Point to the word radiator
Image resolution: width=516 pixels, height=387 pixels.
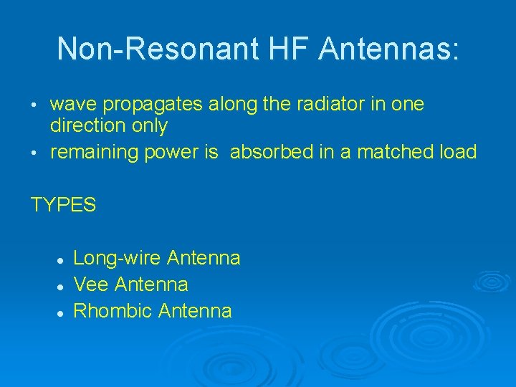click(x=298, y=105)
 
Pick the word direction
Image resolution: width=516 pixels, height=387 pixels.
click(x=83, y=126)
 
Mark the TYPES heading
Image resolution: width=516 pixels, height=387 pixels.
click(x=63, y=205)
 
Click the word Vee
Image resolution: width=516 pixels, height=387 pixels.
click(x=91, y=285)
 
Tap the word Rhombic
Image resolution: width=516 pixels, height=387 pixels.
click(x=113, y=310)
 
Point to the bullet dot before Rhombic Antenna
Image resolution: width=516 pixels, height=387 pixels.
click(x=62, y=312)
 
